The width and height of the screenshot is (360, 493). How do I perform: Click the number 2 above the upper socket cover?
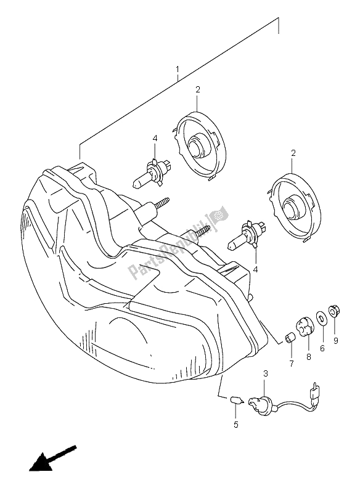(198, 90)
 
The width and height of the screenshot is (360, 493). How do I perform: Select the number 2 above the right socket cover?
(293, 153)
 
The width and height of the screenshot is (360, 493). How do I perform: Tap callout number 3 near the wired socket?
(265, 373)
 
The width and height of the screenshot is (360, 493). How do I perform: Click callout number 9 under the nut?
(336, 340)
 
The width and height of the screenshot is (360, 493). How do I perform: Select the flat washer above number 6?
(322, 319)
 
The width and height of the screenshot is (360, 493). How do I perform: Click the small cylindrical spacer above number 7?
(288, 338)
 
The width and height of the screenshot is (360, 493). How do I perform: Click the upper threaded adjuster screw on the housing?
(159, 205)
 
